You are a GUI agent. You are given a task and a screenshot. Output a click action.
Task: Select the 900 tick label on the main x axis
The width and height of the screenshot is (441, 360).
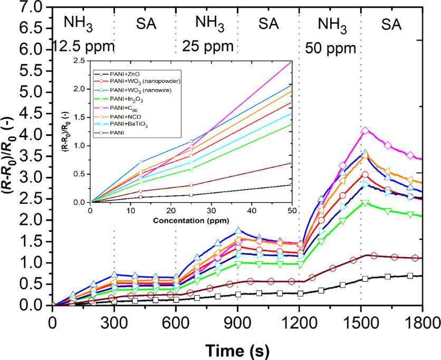point(237,321)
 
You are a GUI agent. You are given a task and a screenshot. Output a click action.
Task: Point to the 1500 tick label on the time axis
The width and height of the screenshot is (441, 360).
point(361,321)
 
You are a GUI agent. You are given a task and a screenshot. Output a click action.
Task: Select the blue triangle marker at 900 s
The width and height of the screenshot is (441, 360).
point(238,231)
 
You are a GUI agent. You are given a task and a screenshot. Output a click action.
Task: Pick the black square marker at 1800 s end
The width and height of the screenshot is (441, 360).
point(410,276)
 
